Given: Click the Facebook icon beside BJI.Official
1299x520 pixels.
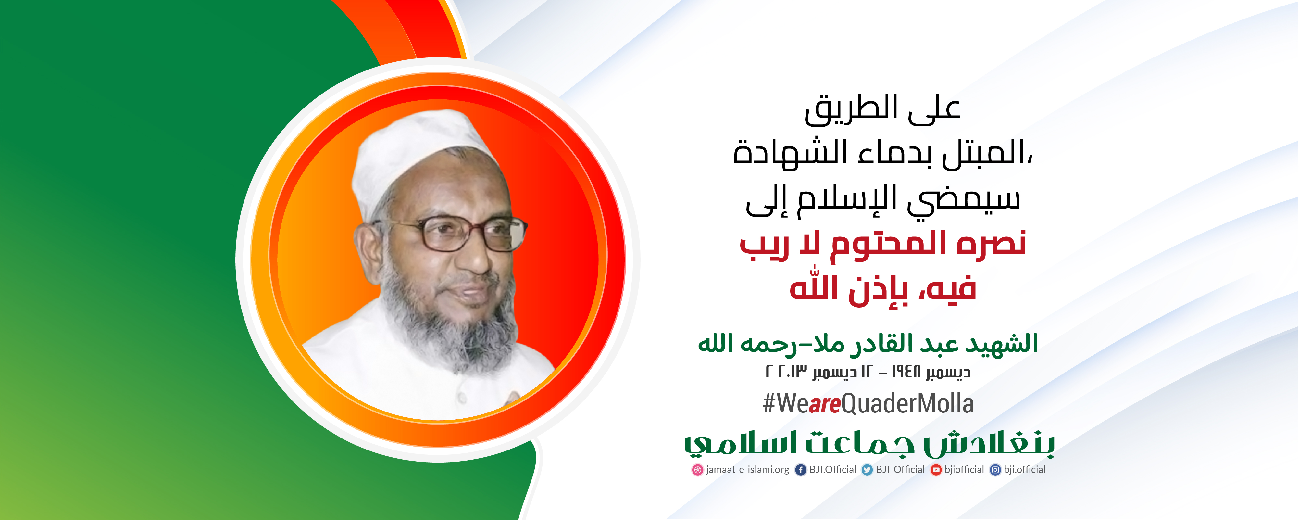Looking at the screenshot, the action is [x=801, y=470].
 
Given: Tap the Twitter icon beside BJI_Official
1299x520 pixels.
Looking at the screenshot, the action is [x=867, y=470].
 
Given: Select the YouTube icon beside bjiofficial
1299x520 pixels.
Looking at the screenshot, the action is [x=936, y=470].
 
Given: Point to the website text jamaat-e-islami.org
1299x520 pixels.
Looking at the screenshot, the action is [x=747, y=470].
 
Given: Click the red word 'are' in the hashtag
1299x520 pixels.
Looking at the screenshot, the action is [x=824, y=404].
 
